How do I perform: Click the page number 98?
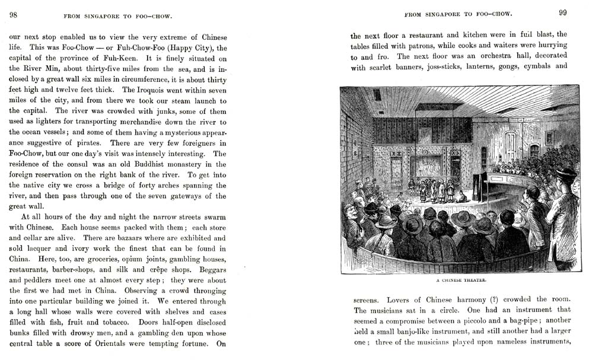click(13, 14)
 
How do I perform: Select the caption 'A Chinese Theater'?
click(460, 280)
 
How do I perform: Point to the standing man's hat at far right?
click(565, 173)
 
